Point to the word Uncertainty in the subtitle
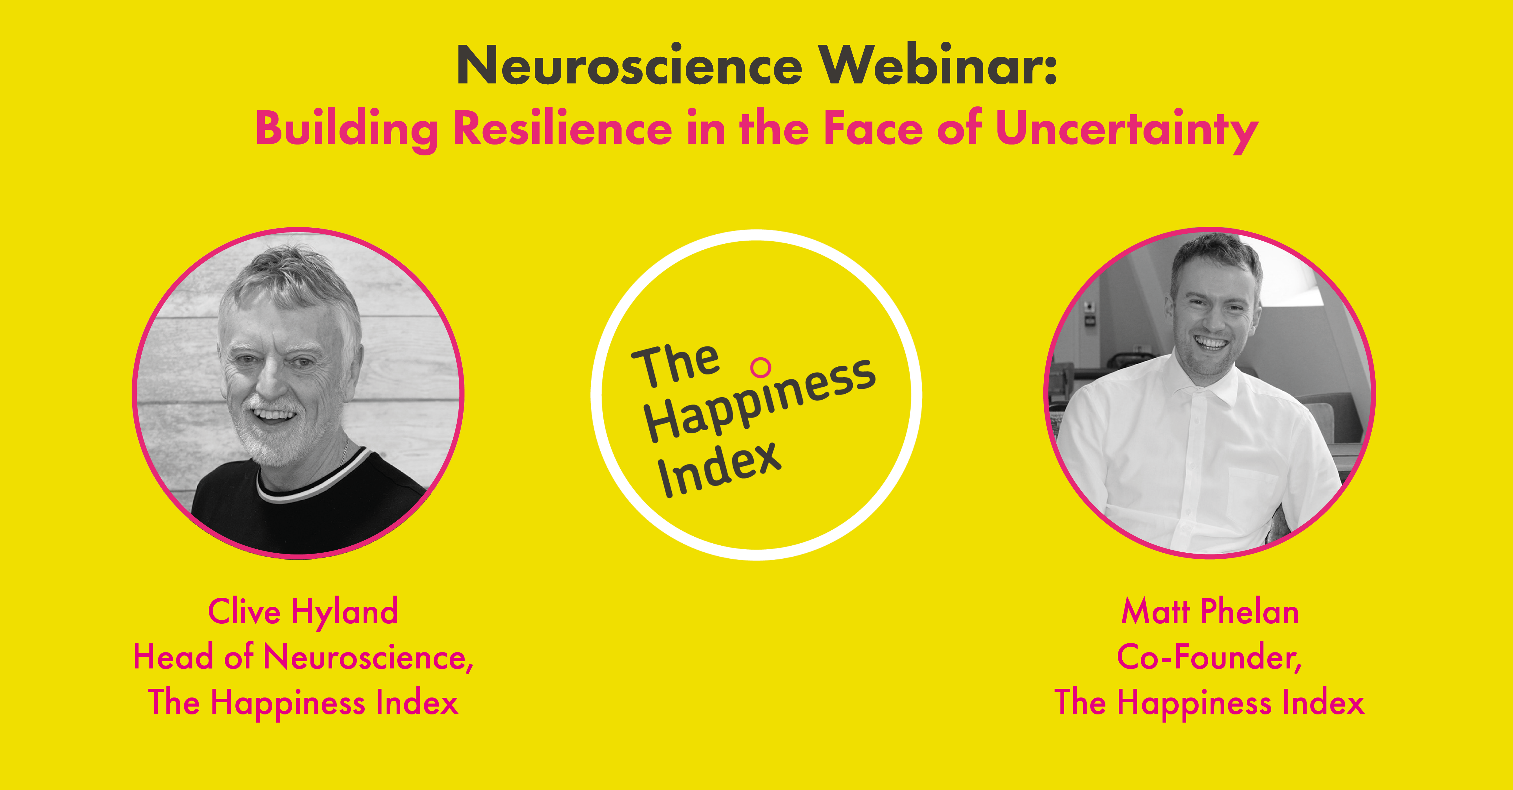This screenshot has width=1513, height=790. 1127,130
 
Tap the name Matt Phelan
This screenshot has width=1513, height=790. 1210,612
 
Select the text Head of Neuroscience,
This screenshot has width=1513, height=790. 303,657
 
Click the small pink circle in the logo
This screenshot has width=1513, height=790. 761,367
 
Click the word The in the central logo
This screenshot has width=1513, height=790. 675,365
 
